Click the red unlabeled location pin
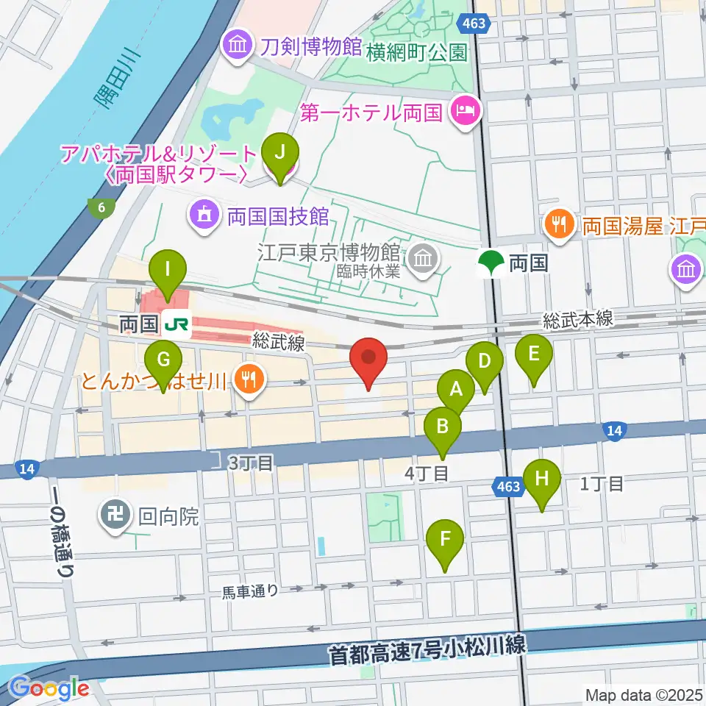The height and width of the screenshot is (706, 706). click(368, 358)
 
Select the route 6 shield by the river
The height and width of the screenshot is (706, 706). click(100, 208)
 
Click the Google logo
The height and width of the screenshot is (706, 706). click(49, 688)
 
